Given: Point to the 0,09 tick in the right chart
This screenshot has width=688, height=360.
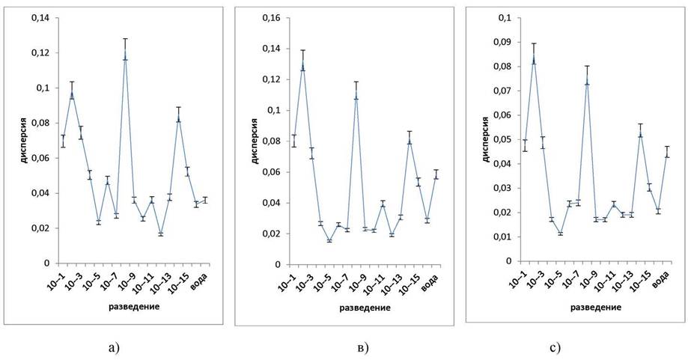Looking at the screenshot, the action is pos(505,42).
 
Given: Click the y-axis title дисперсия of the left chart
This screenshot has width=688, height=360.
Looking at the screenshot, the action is pos(25,140).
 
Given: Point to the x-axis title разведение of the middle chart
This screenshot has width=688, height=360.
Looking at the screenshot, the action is pos(365,308).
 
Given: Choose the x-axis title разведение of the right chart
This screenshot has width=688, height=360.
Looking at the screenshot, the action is pos(595,308).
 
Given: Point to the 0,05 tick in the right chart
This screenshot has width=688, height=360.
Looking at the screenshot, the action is pos(505,139).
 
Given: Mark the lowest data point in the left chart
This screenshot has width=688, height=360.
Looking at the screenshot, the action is pos(161,234).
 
